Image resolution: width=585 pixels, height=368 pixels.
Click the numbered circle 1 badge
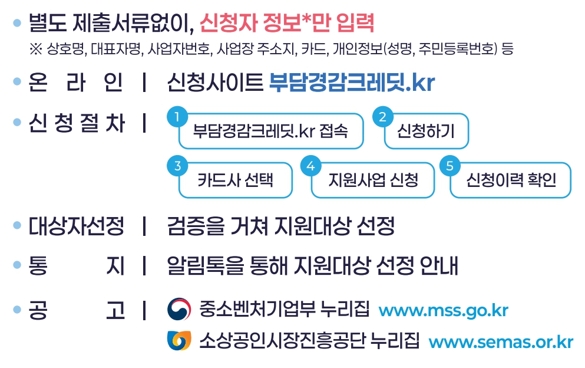(176, 116)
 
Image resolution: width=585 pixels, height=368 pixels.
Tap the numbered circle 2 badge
(382, 116)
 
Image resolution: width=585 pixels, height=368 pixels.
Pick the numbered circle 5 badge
(449, 166)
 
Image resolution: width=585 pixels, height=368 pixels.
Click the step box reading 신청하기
(425, 131)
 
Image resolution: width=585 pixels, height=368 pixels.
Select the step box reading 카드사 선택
(236, 180)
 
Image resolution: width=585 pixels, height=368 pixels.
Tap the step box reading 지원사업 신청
(373, 180)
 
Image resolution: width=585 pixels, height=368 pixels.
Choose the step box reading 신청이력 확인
(511, 180)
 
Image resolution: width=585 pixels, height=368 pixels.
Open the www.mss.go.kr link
(443, 310)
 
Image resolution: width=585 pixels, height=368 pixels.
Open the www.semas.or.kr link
(501, 342)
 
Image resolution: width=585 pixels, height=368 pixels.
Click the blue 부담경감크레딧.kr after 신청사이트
(352, 83)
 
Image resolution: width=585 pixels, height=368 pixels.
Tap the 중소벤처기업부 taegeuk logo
(179, 309)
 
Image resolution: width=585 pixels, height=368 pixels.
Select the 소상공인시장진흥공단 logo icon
(179, 340)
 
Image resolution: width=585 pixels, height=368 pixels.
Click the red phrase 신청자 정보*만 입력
(287, 24)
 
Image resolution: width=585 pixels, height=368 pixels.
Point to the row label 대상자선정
(76, 226)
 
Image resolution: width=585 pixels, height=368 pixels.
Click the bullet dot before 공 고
(17, 310)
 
